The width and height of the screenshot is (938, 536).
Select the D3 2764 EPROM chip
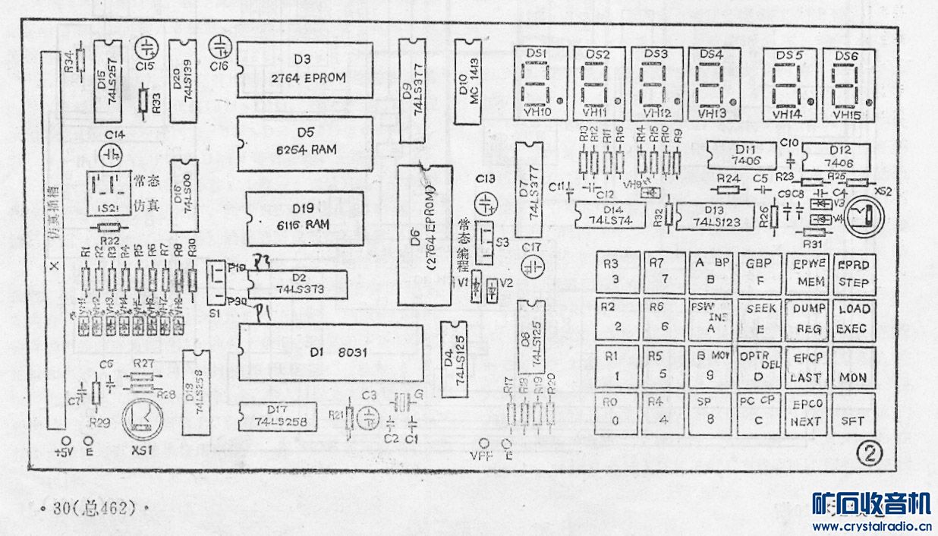tap(304, 69)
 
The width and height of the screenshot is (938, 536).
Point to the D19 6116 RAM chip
tap(303, 218)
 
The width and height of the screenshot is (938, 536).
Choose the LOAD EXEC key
tap(854, 319)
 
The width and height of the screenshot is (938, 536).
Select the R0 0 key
tap(616, 414)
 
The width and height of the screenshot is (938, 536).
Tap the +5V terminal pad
tap(66, 441)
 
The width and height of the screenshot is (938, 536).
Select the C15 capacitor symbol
tap(145, 49)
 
